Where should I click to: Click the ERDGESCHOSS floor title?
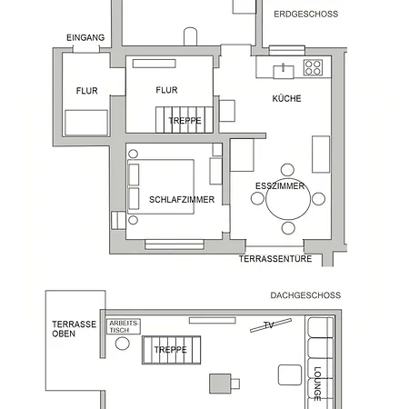pos(305,15)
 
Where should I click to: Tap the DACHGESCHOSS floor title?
pos(305,295)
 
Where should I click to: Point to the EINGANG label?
pos(85,38)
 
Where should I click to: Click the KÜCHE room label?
pos(286,98)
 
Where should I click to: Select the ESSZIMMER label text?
pos(280,186)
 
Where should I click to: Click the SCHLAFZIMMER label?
pos(182,200)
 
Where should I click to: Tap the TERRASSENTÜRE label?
pos(275,259)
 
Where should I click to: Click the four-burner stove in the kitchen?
pos(313,67)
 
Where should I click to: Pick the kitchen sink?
pos(284,72)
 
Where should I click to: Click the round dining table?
pos(288,199)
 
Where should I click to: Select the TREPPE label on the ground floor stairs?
pos(185,121)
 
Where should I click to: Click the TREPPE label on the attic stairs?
pos(170,350)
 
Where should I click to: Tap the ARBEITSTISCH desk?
pos(124,326)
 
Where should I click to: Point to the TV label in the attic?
pos(269,325)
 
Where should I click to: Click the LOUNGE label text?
pos(317,384)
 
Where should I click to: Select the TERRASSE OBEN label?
pos(74,329)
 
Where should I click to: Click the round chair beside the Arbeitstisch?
pos(123,344)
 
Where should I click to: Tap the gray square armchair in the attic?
pos(220,384)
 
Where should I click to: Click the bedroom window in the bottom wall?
pos(175,244)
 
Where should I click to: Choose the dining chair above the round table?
pos(287,170)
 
